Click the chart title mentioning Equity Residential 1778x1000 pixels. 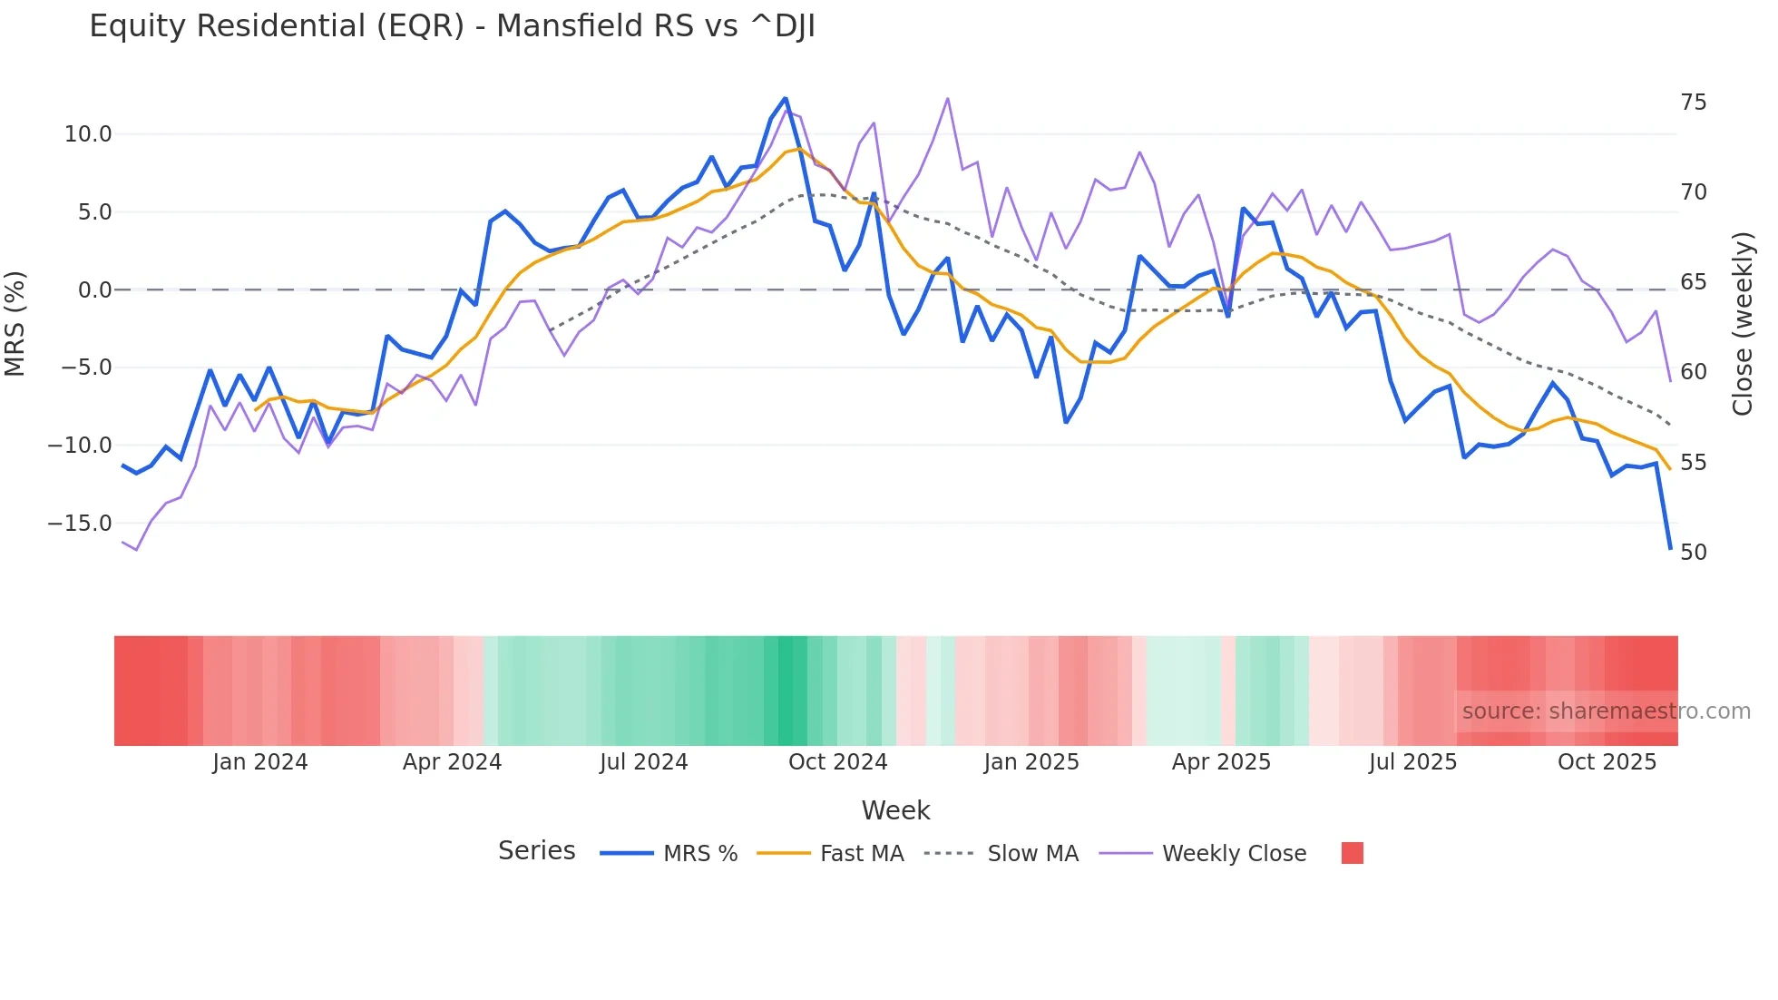click(452, 26)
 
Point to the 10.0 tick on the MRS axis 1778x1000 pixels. click(88, 134)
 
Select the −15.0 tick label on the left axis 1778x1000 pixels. click(80, 524)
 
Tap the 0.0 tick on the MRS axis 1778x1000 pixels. click(94, 290)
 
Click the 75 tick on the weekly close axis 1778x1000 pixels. click(1693, 103)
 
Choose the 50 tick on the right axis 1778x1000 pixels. click(1693, 553)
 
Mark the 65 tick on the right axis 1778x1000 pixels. click(1693, 282)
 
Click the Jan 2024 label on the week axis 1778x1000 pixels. click(260, 762)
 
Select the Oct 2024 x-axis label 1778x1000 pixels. click(837, 762)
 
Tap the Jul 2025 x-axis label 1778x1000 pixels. click(1412, 762)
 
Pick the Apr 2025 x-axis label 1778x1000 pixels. click(1221, 762)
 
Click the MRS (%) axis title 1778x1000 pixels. click(15, 324)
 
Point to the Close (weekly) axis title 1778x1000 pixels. click(1743, 324)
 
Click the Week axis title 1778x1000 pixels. click(895, 810)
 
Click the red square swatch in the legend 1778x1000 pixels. click(1352, 853)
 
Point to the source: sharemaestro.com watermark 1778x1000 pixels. click(1606, 711)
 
